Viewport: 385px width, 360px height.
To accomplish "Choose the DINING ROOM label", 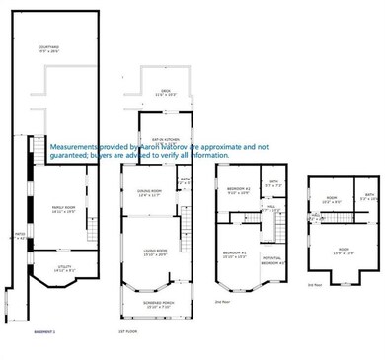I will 150,192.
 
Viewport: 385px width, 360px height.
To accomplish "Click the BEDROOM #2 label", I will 238,189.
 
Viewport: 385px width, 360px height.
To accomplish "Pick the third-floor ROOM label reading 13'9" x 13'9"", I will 343,252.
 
